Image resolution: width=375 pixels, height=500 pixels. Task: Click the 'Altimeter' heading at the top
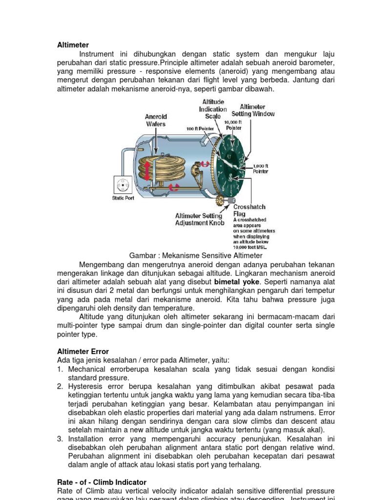pos(73,45)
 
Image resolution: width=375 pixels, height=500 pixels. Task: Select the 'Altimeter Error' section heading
pos(83,352)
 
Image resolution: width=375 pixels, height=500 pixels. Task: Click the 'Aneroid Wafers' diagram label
pos(156,120)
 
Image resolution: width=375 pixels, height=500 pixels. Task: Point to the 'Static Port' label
pos(123,198)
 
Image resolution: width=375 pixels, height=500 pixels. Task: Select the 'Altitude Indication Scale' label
pos(213,109)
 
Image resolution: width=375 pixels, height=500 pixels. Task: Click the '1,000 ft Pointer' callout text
pos(260,168)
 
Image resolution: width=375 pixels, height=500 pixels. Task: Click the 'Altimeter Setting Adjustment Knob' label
pos(200,219)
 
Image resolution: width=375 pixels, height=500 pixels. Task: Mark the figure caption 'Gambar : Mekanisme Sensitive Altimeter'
pos(196,255)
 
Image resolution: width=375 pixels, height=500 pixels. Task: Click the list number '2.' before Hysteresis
pos(61,386)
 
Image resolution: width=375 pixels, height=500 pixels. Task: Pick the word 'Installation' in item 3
pos(86,438)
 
